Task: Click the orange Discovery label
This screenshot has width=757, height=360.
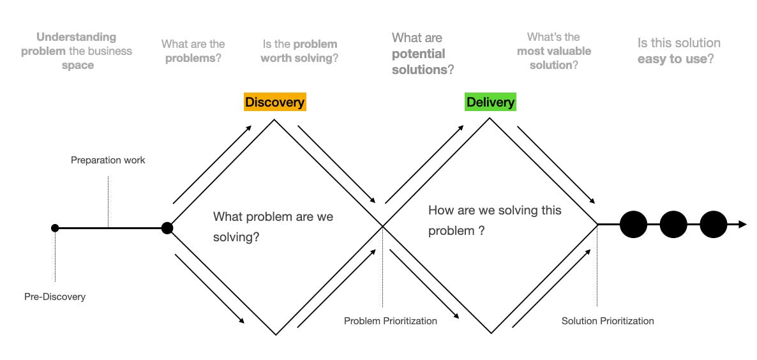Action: (274, 102)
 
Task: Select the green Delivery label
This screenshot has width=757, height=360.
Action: (490, 102)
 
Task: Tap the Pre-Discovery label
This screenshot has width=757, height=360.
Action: (55, 297)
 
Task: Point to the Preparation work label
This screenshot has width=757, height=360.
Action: (108, 160)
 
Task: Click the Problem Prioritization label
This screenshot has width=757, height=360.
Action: (390, 321)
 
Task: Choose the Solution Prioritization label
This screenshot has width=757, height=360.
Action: (608, 321)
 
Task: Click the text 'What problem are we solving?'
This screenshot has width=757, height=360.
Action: (273, 227)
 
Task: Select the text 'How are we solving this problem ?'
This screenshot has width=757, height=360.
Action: (495, 220)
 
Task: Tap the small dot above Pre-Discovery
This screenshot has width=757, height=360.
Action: (55, 228)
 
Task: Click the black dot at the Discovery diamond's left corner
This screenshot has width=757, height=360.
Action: (167, 228)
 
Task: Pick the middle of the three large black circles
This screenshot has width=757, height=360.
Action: (673, 225)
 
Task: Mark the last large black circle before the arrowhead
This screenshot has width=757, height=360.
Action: (713, 225)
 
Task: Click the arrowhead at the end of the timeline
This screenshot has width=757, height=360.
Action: (742, 225)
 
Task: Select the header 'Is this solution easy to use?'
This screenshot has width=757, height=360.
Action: (678, 51)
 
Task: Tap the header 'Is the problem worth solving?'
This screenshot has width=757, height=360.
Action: (299, 51)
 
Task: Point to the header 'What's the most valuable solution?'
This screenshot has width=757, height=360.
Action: (553, 51)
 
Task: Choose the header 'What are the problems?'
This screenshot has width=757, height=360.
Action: (193, 51)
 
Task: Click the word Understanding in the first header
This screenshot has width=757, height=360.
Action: (77, 37)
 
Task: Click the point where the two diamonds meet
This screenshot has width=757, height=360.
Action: (382, 225)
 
